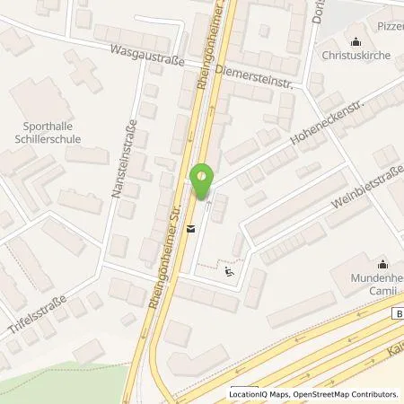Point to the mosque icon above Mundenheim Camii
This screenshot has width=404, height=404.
pyautogui.click(x=382, y=264)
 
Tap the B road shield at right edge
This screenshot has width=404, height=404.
pyautogui.click(x=398, y=314)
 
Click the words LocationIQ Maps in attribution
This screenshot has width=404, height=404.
pyautogui.click(x=259, y=394)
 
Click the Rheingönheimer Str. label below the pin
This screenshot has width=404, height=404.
pyautogui.click(x=169, y=260)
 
